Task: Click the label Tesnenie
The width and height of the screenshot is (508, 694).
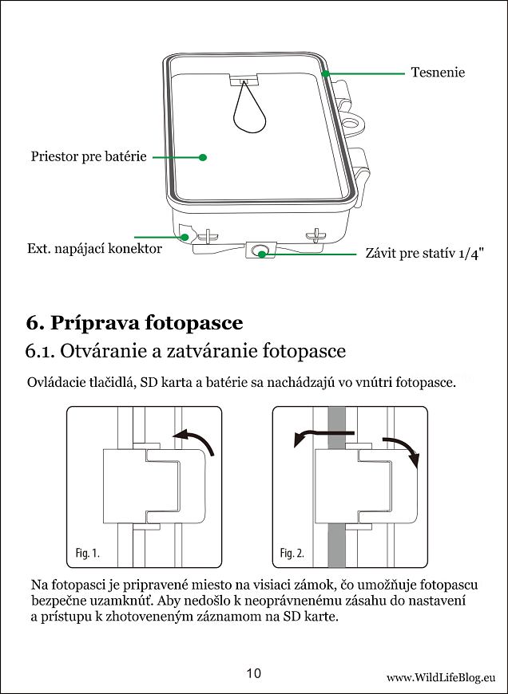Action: point(437,73)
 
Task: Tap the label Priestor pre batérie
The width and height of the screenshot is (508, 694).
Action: point(89,157)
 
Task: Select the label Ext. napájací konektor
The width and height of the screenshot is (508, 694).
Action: point(94,249)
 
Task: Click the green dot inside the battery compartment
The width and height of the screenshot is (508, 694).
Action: point(203,158)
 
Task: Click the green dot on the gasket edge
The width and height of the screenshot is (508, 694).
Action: point(326,74)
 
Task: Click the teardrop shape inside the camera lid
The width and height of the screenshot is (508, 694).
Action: point(249,112)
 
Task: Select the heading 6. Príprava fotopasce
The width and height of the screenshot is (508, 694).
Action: point(134,322)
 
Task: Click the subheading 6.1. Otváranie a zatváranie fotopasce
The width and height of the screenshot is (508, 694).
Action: point(185,351)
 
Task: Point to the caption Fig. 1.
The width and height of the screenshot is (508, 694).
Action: point(88,552)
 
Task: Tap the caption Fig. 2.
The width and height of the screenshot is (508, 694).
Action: point(292,552)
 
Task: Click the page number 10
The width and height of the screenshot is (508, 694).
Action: point(253,673)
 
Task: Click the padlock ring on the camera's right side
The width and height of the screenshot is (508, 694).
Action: point(352,125)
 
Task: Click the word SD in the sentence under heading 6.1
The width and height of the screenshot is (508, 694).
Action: point(149,383)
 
